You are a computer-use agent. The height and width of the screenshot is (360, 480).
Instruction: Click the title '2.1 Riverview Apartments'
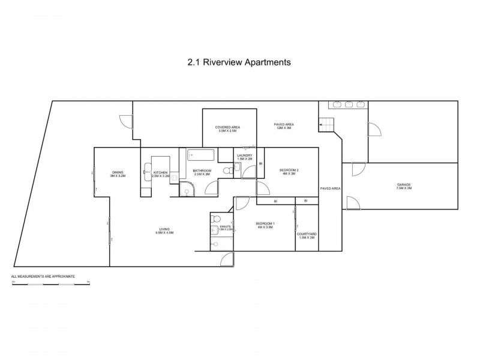[240, 61]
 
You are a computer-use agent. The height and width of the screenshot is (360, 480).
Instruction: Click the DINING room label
[117, 174]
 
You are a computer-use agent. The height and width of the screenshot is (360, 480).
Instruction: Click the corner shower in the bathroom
[186, 191]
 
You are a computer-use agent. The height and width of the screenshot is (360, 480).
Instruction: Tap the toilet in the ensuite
[216, 218]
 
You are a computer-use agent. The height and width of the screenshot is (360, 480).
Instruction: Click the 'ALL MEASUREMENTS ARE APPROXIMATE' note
[43, 276]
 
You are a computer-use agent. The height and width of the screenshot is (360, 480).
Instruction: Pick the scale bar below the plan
[50, 282]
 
